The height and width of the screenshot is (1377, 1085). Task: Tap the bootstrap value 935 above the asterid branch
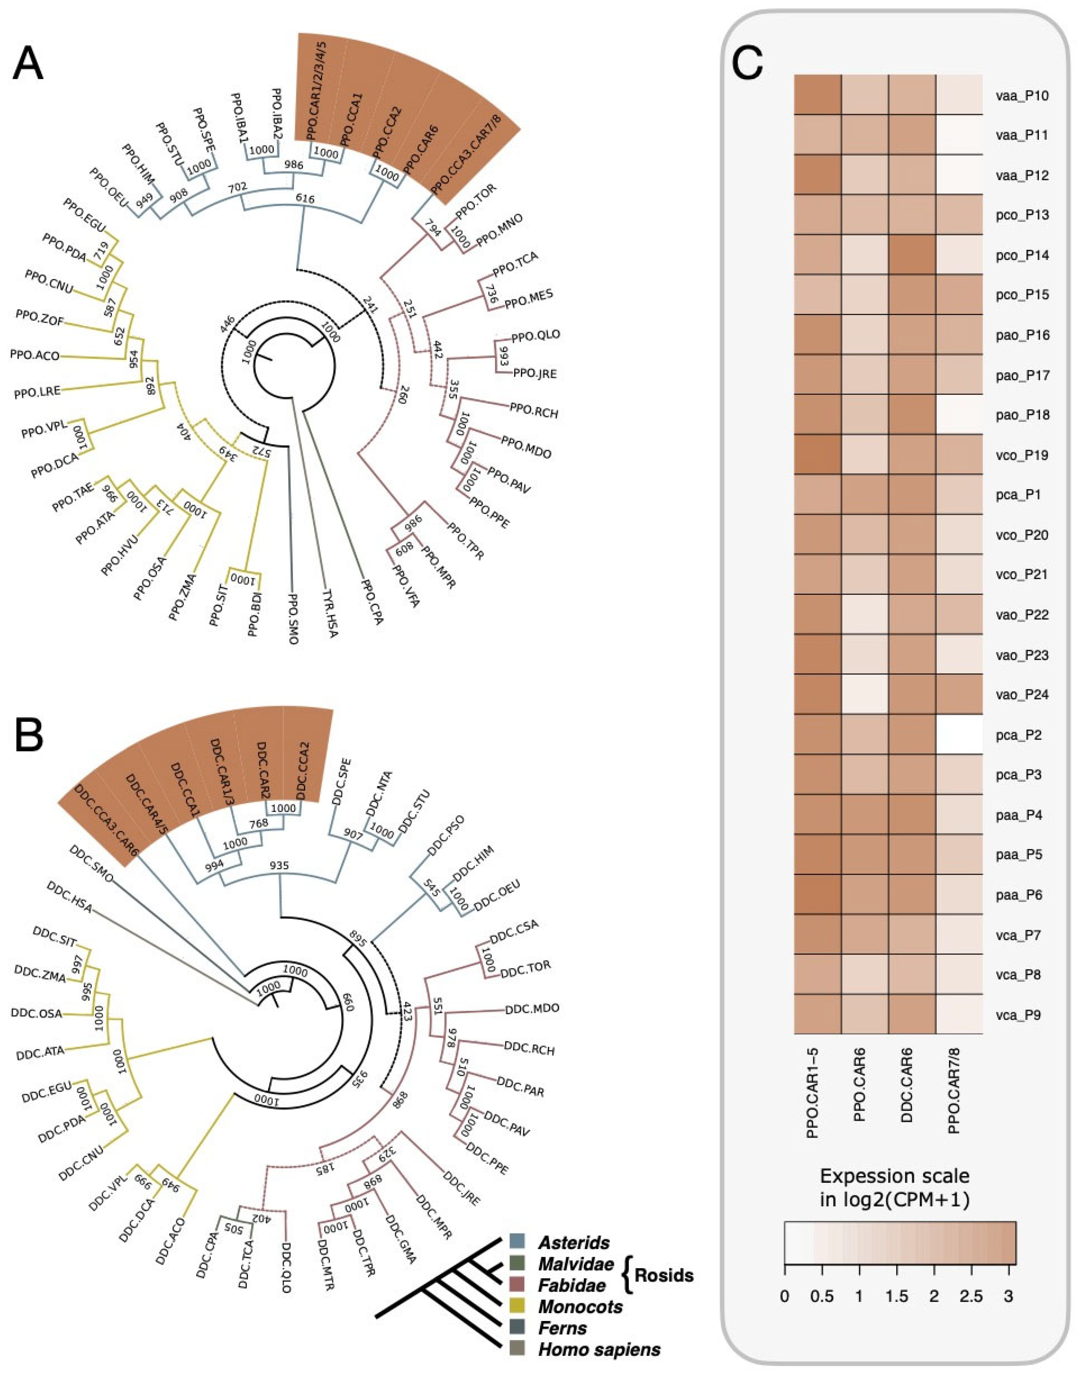[x=280, y=866]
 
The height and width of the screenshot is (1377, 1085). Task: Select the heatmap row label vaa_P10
[x=1022, y=96]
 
